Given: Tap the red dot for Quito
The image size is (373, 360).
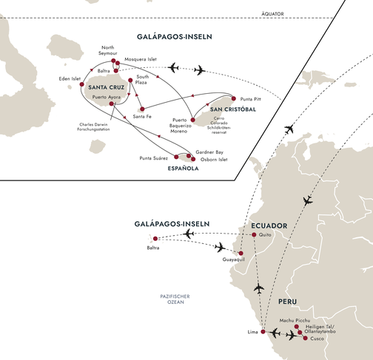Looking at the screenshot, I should point(254,235).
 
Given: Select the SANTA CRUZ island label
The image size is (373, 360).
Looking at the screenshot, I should point(106,87).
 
